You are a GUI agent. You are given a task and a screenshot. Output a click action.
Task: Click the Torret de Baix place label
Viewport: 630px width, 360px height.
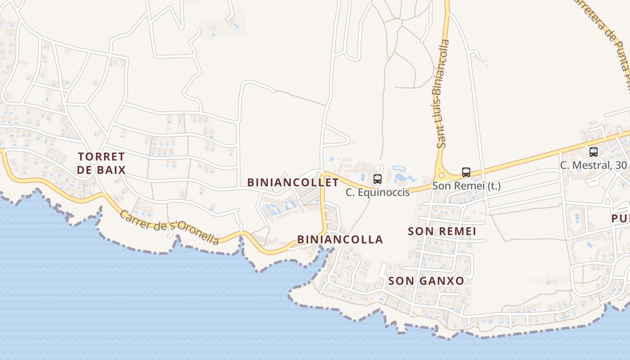101,163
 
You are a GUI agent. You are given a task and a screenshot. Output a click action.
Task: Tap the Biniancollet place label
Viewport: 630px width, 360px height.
293,182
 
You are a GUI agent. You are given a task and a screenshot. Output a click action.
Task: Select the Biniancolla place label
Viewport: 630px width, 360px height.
340,239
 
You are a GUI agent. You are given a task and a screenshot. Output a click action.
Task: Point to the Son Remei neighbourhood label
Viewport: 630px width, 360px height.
441,231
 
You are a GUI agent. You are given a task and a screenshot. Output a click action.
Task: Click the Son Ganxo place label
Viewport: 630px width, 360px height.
426,281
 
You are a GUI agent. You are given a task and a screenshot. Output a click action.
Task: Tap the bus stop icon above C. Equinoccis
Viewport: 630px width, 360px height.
378,179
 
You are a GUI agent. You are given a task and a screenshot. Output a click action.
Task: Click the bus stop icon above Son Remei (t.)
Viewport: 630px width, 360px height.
466,172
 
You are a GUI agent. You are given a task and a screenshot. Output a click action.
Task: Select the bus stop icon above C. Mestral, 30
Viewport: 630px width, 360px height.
594,152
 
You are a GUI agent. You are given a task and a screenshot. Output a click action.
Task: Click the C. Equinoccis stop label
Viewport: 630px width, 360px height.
378,193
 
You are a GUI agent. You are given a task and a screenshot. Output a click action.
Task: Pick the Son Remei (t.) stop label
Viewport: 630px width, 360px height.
466,185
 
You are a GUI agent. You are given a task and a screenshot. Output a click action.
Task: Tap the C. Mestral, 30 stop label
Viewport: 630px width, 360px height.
593,165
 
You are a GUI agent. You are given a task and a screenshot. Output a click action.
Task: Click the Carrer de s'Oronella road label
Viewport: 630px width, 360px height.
169,227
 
